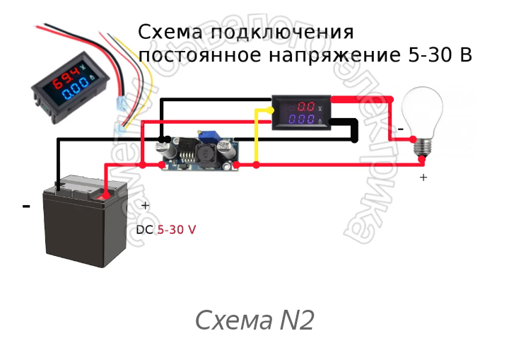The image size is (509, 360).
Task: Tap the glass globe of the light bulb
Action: pos(423,110)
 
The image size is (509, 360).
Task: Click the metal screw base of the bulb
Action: pos(423,146)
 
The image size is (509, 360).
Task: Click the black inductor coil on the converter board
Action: pos(205,153)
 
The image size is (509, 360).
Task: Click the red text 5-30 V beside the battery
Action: pos(176,230)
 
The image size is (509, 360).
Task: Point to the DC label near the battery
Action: pos(144,230)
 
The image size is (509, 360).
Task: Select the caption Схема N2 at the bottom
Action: pos(254,320)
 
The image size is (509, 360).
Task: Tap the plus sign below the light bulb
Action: pos(423,178)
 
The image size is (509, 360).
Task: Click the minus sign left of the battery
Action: pos(26,206)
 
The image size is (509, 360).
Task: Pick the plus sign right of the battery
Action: pos(145,206)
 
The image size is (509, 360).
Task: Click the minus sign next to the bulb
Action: pos(400,129)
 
